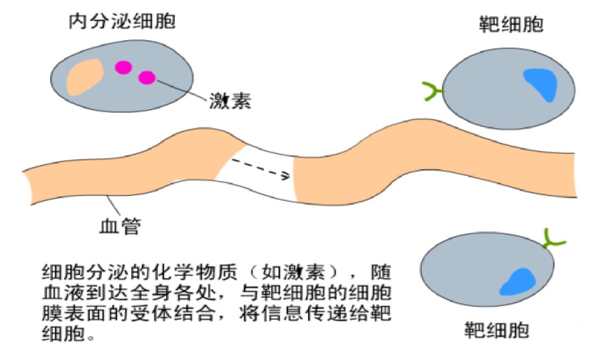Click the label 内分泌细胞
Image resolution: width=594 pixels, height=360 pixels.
pyautogui.click(x=122, y=22)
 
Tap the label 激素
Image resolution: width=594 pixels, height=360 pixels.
pyautogui.click(x=230, y=101)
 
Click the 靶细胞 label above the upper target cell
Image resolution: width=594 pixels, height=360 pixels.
pyautogui.click(x=511, y=25)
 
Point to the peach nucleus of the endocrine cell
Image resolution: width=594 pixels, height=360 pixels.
pyautogui.click(x=84, y=77)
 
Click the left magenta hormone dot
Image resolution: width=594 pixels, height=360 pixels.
pyautogui.click(x=123, y=67)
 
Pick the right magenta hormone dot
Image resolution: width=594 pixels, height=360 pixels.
pyautogui.click(x=147, y=78)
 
